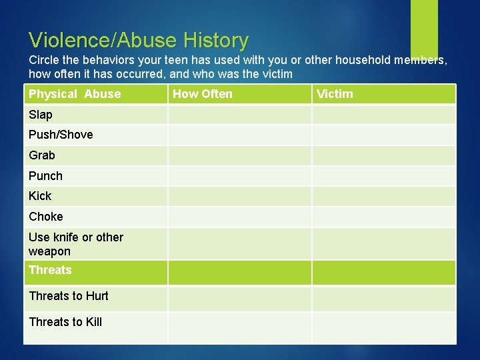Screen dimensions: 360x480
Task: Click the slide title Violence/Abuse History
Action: [139, 41]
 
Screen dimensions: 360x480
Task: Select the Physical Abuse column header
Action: [75, 94]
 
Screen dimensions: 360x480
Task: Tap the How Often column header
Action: [203, 94]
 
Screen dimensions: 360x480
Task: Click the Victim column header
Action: [335, 94]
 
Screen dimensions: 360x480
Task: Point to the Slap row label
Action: [41, 115]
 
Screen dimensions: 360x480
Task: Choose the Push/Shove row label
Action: [61, 135]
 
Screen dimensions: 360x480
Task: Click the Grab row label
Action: [42, 155]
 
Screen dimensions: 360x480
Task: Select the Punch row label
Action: [45, 176]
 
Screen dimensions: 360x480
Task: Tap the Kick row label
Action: [40, 196]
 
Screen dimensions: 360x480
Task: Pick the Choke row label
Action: [46, 217]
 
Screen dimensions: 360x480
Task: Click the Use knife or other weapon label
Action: [76, 244]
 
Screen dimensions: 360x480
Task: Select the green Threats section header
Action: [50, 270]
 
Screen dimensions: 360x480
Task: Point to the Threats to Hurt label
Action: [69, 296]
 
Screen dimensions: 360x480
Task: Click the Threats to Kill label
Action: [65, 322]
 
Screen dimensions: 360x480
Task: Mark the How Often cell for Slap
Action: [239, 115]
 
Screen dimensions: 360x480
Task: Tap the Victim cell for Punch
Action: [384, 176]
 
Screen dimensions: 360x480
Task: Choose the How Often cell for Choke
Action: [239, 217]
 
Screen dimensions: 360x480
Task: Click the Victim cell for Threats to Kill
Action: [384, 327]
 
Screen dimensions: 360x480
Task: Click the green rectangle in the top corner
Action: [424, 27]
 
